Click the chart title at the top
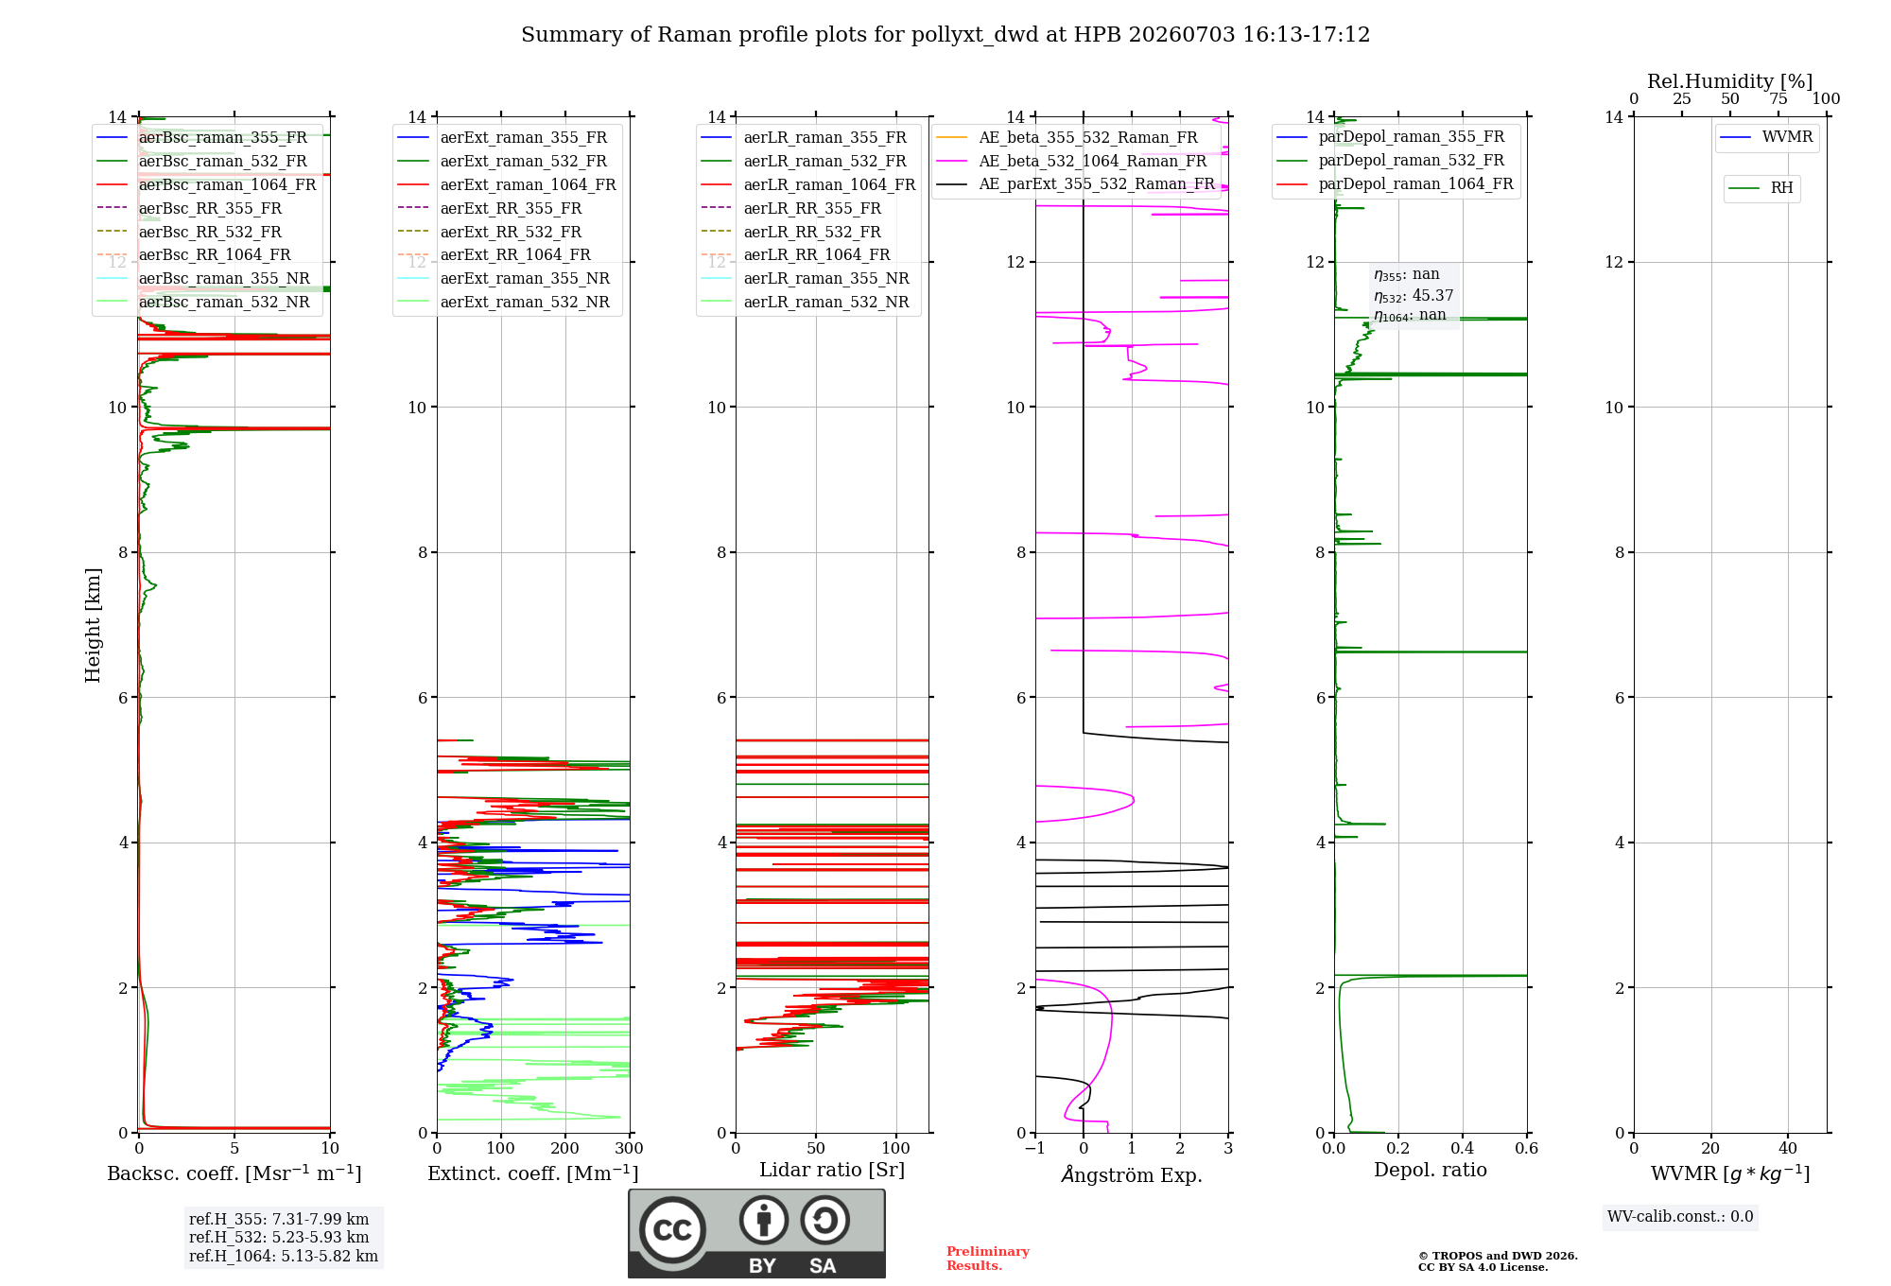coord(945,35)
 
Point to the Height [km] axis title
coord(93,625)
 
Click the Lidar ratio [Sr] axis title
coord(832,1170)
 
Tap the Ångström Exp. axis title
coord(1132,1174)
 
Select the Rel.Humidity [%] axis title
coord(1730,81)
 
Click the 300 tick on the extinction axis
coord(629,1149)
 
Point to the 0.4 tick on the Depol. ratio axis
coord(1463,1149)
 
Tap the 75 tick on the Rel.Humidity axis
coord(1778,98)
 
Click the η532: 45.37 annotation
coord(1414,295)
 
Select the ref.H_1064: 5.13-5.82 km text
coord(284,1256)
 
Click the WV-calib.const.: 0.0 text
coord(1680,1216)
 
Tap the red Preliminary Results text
coord(988,1259)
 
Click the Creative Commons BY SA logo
coord(756,1234)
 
